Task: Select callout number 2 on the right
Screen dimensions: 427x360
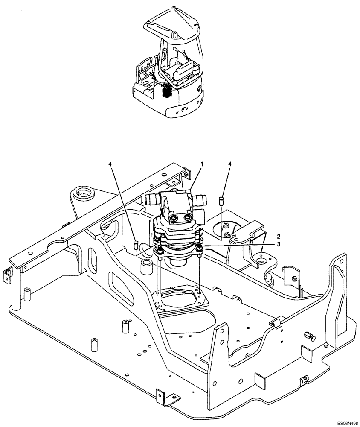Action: click(x=279, y=236)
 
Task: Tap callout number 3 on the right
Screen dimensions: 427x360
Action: click(x=279, y=244)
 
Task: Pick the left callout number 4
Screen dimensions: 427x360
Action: click(x=110, y=164)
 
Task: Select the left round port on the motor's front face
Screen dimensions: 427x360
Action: click(x=174, y=218)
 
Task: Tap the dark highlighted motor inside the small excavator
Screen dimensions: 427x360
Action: click(x=167, y=92)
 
